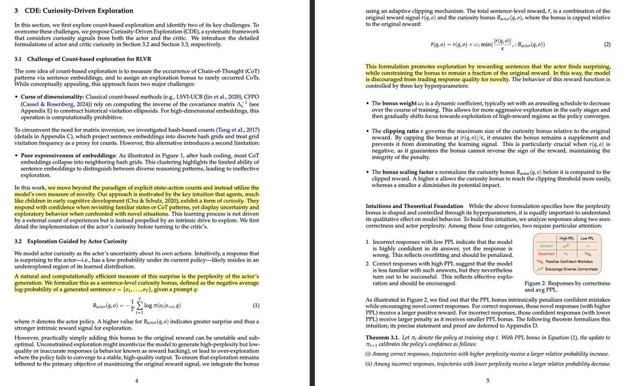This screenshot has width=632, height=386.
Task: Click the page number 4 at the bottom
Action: (x=137, y=380)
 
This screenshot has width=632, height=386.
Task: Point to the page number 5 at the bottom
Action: (x=488, y=380)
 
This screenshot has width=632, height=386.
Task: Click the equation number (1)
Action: (x=255, y=305)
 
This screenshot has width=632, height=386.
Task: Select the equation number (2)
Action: (x=607, y=44)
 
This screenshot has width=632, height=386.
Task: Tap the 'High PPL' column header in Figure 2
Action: (x=567, y=238)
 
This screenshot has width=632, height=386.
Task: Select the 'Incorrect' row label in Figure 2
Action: (x=546, y=254)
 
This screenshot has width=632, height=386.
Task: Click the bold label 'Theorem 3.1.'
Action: (x=384, y=337)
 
